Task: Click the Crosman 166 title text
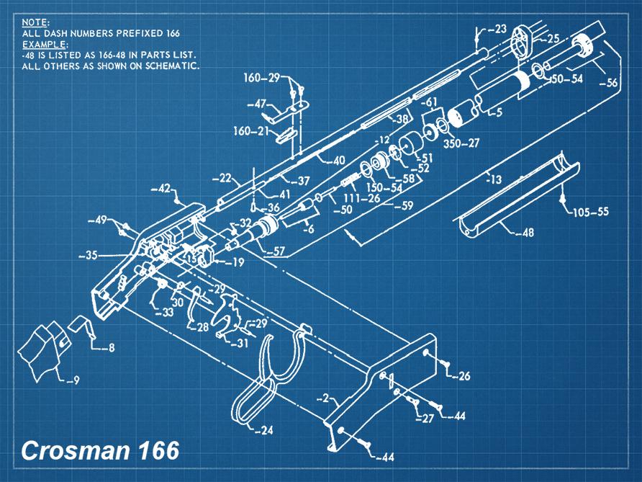coord(99,451)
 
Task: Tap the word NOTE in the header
coord(35,23)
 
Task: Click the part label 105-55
coord(591,213)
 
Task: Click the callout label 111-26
coord(361,197)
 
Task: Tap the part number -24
coord(264,431)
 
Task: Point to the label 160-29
coord(261,78)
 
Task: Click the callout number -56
coord(607,83)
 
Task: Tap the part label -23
coord(497,30)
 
